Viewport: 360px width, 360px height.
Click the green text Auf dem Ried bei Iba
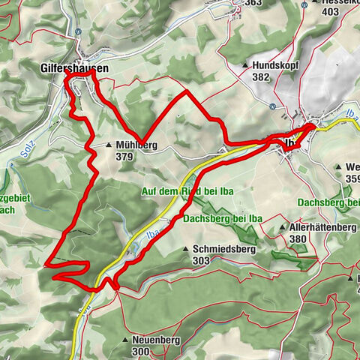[187, 191]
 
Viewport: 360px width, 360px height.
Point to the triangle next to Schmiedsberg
[186, 249]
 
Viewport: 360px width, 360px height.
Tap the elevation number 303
[202, 260]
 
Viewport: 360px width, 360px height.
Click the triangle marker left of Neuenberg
[124, 340]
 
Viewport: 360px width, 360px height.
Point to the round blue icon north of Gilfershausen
[79, 31]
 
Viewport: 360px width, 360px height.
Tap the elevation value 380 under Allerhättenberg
[298, 239]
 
